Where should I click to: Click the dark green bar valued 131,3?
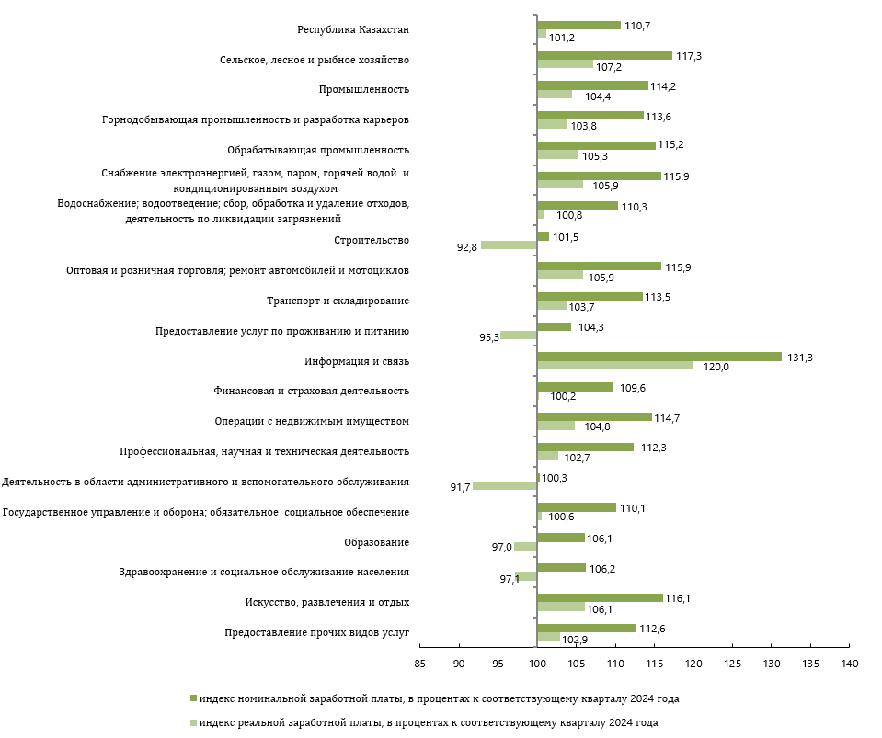659,357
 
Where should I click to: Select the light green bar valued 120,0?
615,366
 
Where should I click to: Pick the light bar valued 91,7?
505,485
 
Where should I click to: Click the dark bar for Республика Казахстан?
578,26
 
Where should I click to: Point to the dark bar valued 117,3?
604,55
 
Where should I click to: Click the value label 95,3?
488,338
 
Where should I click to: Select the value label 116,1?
677,598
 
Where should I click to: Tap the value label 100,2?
563,396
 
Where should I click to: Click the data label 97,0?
501,547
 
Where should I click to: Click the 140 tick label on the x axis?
850,664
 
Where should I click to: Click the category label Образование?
376,542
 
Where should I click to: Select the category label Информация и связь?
357,361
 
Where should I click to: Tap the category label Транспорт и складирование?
338,301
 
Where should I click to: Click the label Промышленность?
364,89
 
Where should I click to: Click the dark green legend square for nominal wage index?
193,698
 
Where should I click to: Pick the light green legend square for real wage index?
193,722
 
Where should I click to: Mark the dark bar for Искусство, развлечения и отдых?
601,597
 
